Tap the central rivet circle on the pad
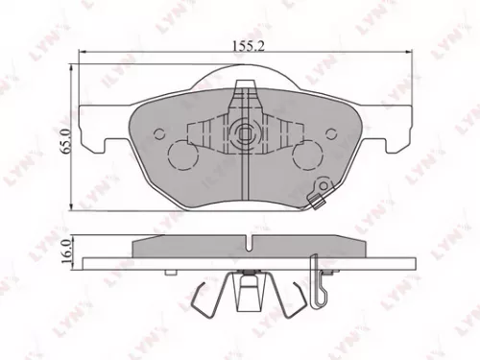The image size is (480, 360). [x=246, y=132]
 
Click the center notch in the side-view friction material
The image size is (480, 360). [x=246, y=240]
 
